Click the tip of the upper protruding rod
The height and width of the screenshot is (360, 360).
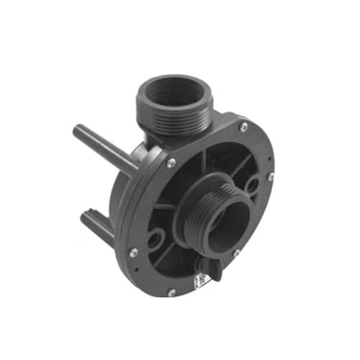tap(77, 130)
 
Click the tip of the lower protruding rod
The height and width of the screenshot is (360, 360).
tap(85, 218)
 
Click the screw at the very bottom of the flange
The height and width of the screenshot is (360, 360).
tap(171, 292)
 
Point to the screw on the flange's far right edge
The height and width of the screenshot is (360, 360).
tap(270, 176)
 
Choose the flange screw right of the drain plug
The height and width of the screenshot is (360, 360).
tap(235, 253)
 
